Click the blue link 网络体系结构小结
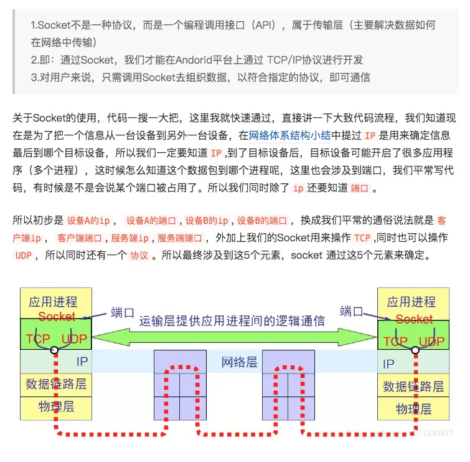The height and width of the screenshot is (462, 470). pyautogui.click(x=289, y=135)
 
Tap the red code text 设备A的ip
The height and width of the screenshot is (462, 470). pyautogui.click(x=88, y=221)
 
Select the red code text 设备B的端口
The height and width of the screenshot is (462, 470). pyautogui.click(x=262, y=221)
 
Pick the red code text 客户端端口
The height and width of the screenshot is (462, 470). pyautogui.click(x=79, y=238)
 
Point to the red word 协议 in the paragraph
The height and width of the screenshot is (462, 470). pyautogui.click(x=138, y=255)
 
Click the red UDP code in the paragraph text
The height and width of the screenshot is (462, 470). pyautogui.click(x=24, y=255)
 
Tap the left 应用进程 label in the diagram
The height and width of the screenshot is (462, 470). pyautogui.click(x=53, y=302)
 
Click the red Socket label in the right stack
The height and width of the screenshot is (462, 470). pyautogui.click(x=414, y=319)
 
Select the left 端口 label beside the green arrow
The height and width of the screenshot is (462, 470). pyautogui.click(x=123, y=312)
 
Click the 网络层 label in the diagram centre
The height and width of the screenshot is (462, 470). pyautogui.click(x=239, y=362)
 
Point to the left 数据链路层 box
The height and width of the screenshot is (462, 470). pyautogui.click(x=56, y=383)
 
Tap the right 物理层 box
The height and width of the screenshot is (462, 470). pyautogui.click(x=414, y=409)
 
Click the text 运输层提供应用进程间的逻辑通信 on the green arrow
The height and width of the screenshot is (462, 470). pyautogui.click(x=232, y=321)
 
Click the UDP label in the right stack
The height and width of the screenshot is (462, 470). pyautogui.click(x=431, y=342)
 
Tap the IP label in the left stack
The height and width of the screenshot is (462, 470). pyautogui.click(x=82, y=361)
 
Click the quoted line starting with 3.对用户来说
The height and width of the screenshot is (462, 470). pyautogui.click(x=200, y=77)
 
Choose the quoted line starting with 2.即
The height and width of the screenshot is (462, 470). pyautogui.click(x=197, y=60)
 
